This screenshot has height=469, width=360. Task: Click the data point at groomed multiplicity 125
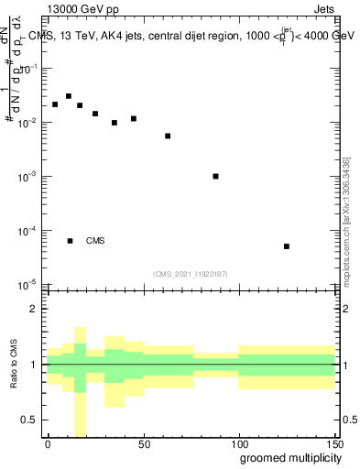[x=287, y=246]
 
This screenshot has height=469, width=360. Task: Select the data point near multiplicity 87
[x=215, y=176]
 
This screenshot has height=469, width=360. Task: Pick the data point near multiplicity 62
[x=168, y=136]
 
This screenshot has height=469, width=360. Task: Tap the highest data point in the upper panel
[x=69, y=96]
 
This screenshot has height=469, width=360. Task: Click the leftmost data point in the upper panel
[x=55, y=104]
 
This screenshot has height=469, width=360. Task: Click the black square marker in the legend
[x=71, y=241]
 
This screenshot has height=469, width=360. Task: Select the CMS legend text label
[x=95, y=241]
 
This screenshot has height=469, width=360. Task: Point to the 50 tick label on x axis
[x=143, y=444]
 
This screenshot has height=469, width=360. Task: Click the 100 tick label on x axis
[x=238, y=444]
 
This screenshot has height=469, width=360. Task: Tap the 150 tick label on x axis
[x=333, y=444]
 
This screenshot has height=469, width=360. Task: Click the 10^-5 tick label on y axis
[x=28, y=284]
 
